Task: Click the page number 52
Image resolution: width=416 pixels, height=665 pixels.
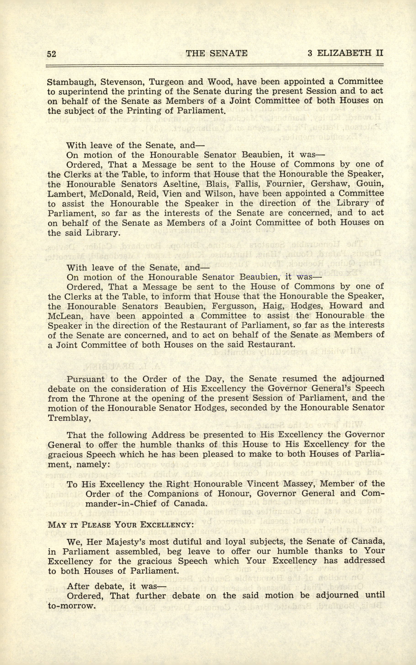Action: pyautogui.click(x=51, y=54)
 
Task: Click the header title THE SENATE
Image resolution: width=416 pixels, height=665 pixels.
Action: pyautogui.click(x=217, y=53)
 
